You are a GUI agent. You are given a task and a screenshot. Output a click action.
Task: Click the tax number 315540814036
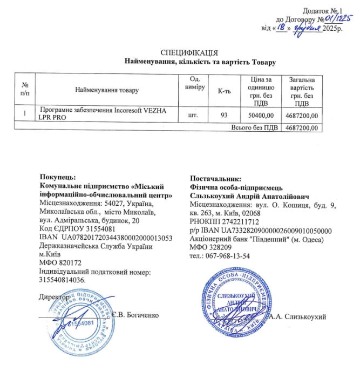coord(63,280)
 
